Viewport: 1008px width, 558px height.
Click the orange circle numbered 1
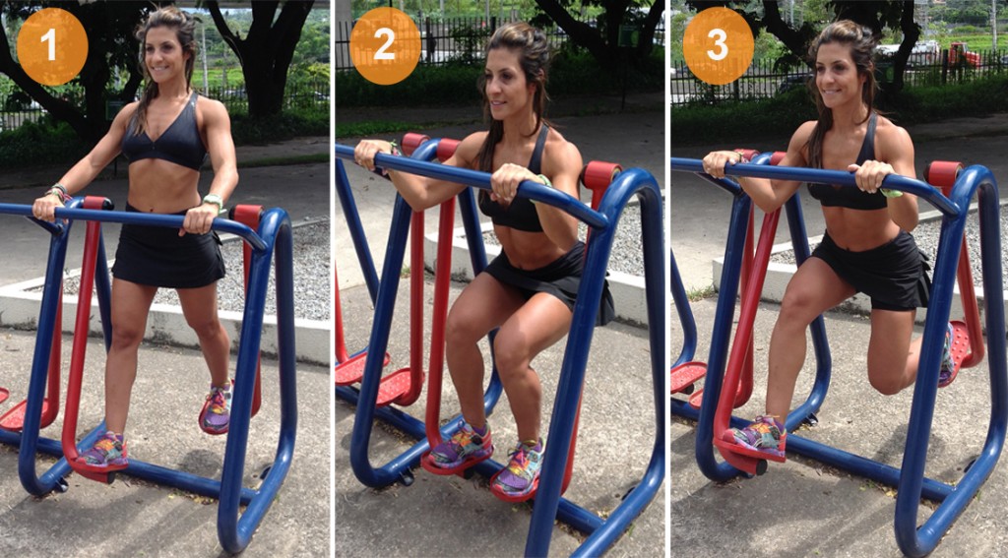tap(52, 46)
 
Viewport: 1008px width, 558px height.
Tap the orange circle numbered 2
tap(385, 46)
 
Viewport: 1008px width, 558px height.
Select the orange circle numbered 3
tap(718, 46)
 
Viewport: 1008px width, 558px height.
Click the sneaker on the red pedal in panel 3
tap(757, 433)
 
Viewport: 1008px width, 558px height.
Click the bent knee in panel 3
tap(892, 378)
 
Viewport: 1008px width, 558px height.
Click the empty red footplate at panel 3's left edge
tap(687, 375)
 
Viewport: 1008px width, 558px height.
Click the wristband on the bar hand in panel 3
tap(892, 192)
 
